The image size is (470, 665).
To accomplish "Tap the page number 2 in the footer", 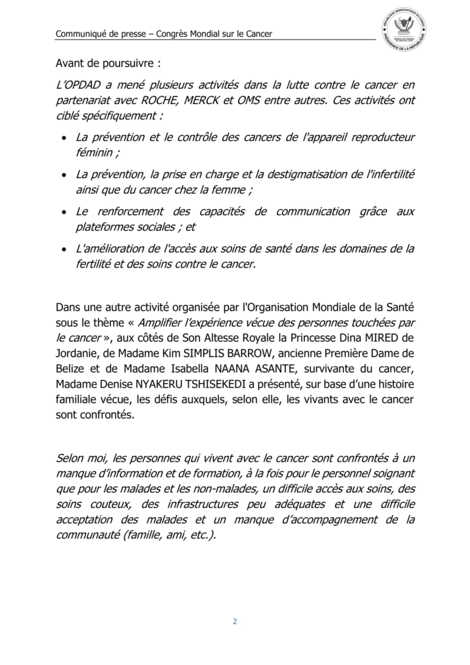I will pyautogui.click(x=235, y=621).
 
